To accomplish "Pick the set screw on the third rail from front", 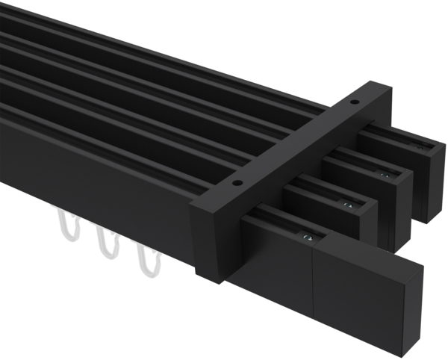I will coord(385,174).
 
